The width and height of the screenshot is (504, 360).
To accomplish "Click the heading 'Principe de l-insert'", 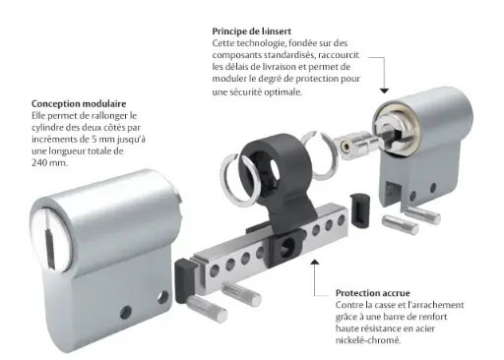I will click(256, 30).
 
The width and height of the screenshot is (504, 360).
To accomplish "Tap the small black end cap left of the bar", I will click(183, 269).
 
